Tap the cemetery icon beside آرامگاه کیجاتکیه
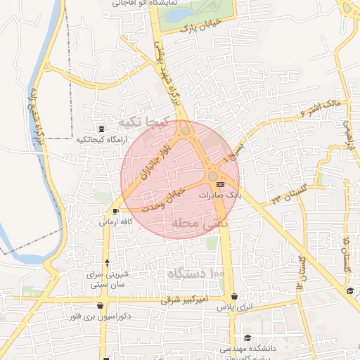[x=103, y=129]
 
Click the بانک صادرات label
[x=219, y=195]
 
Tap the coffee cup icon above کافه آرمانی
[x=115, y=211]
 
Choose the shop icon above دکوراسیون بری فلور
[x=102, y=306]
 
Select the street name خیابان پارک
[x=197, y=29]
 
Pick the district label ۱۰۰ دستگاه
[x=196, y=271]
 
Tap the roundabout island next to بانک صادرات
[x=212, y=175]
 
